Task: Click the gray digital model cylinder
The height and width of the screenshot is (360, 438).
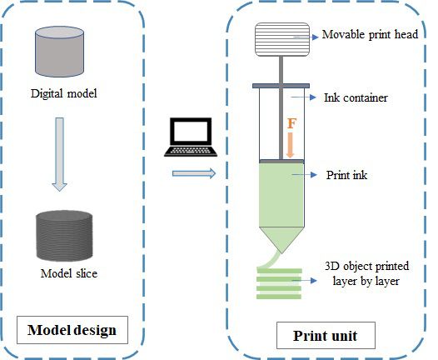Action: (x=59, y=52)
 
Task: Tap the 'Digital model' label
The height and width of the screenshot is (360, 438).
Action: (x=64, y=93)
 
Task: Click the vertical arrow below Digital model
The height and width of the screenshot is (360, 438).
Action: (x=59, y=154)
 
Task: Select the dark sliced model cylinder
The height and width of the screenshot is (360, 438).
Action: (x=64, y=236)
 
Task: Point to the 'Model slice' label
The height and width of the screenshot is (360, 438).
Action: (x=69, y=273)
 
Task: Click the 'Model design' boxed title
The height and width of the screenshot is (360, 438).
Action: (x=72, y=330)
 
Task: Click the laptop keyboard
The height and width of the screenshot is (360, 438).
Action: (x=191, y=151)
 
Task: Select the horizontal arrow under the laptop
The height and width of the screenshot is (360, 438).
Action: (x=194, y=173)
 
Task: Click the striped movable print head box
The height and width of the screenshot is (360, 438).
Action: (x=282, y=39)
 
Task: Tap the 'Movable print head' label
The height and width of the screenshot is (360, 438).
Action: (x=370, y=34)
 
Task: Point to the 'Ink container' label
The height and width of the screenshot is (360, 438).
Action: (x=356, y=97)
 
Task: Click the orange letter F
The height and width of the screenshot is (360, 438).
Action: (x=291, y=123)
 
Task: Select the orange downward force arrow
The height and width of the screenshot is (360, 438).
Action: (x=291, y=145)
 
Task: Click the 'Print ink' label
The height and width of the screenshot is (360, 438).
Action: (x=346, y=175)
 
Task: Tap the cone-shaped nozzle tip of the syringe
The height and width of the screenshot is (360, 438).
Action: (x=281, y=240)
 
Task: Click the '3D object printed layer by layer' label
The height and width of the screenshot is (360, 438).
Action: (x=366, y=273)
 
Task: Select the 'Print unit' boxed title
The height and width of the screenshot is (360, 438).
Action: (x=326, y=335)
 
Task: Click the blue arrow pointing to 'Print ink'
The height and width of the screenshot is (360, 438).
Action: (x=305, y=175)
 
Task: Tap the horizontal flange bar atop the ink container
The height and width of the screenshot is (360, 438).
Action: (x=281, y=86)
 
